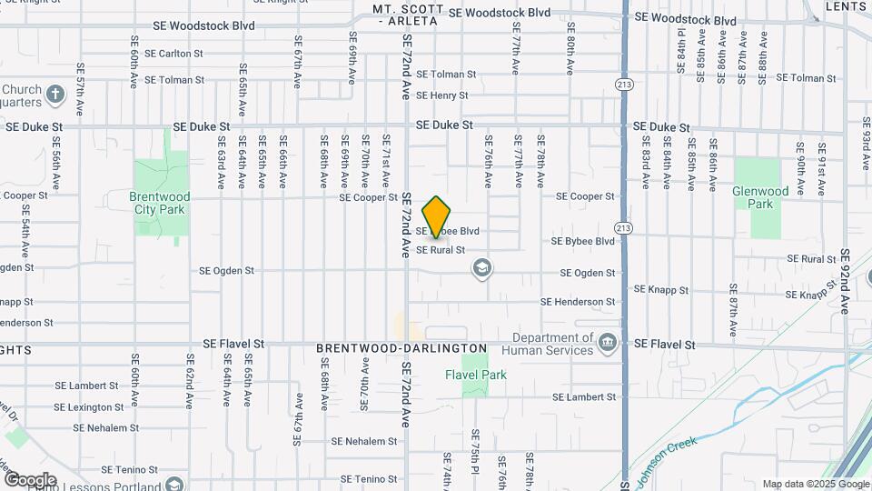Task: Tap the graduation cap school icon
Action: pyautogui.click(x=481, y=268)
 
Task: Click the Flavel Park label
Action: pyautogui.click(x=476, y=375)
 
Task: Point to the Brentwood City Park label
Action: pyautogui.click(x=160, y=203)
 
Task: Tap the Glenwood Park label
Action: pyautogui.click(x=759, y=198)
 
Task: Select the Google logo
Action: pyautogui.click(x=29, y=480)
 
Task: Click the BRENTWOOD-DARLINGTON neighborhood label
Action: pyautogui.click(x=401, y=348)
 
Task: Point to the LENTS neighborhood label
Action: pyautogui.click(x=847, y=6)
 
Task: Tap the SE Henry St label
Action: pyautogui.click(x=442, y=95)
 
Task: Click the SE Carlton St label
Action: pyautogui.click(x=177, y=54)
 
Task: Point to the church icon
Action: pyautogui.click(x=54, y=94)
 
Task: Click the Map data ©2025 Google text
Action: pyautogui.click(x=816, y=484)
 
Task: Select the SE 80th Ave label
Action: pyautogui.click(x=570, y=55)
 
